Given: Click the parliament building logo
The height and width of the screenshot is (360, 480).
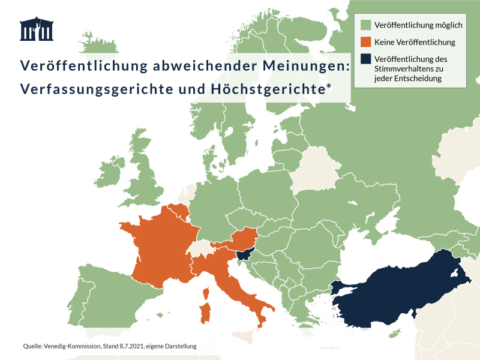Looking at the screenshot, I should pos(37,29).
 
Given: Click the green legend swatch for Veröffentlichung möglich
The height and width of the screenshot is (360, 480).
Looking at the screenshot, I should pos(365,25).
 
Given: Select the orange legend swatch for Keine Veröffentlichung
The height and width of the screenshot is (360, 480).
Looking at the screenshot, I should pos(365,42).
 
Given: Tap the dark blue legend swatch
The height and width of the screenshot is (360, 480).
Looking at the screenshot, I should pos(365,59).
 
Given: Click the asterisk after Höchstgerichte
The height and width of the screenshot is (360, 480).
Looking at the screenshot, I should pos(329,86).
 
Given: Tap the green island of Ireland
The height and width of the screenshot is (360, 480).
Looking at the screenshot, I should pos(111,174).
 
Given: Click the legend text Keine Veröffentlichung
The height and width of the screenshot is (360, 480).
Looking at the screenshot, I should pos(415,42).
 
